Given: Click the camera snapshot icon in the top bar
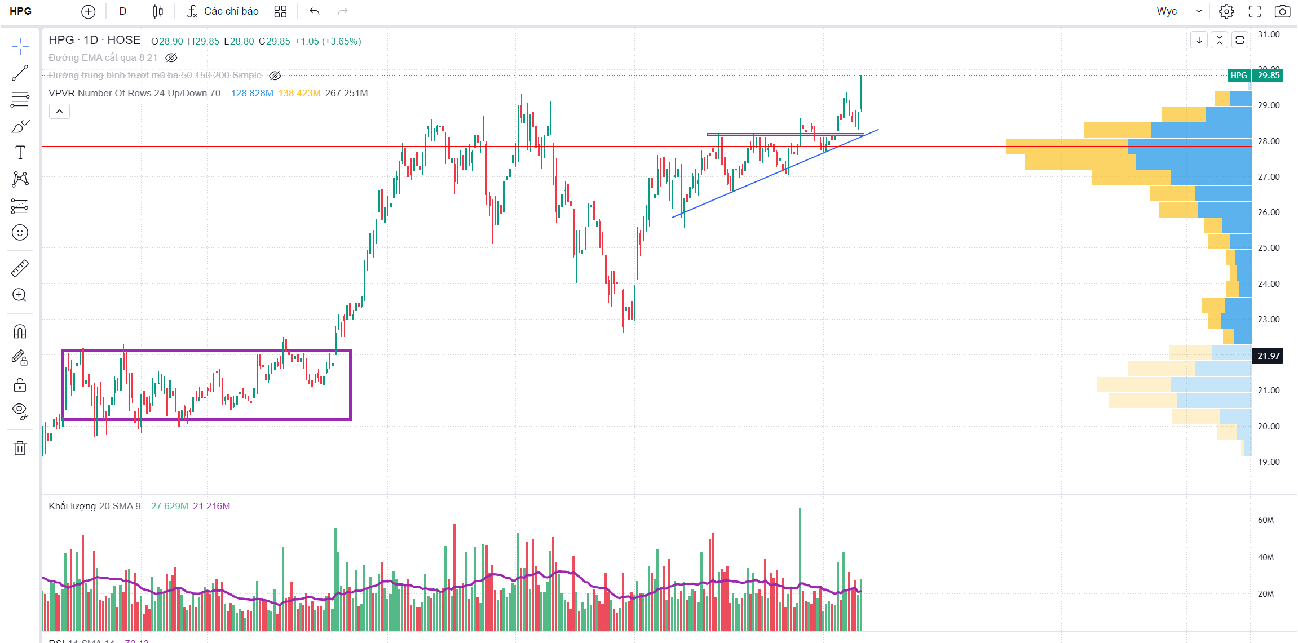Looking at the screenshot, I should tap(1282, 11).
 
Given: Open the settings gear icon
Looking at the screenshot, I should tap(1226, 11).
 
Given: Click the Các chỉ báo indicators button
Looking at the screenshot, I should tap(223, 11).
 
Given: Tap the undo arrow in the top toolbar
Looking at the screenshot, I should tap(315, 11).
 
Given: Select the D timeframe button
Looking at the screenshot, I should tap(123, 11).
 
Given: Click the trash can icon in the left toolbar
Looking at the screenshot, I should tap(20, 448).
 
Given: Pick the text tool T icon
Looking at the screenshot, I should tap(20, 152).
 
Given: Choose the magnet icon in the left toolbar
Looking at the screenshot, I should tap(20, 331).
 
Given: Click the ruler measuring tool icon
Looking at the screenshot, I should tap(20, 269).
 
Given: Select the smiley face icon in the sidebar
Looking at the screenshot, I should tap(20, 233).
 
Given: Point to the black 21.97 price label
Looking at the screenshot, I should tap(1268, 356).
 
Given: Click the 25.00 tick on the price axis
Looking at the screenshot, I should tap(1269, 248).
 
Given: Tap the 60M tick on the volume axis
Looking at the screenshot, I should tap(1265, 520).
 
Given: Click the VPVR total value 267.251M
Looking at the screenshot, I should tap(346, 94).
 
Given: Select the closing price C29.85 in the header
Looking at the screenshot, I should tap(275, 42).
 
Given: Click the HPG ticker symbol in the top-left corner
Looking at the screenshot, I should tap(21, 11).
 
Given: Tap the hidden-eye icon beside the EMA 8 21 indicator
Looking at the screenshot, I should tap(171, 57).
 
